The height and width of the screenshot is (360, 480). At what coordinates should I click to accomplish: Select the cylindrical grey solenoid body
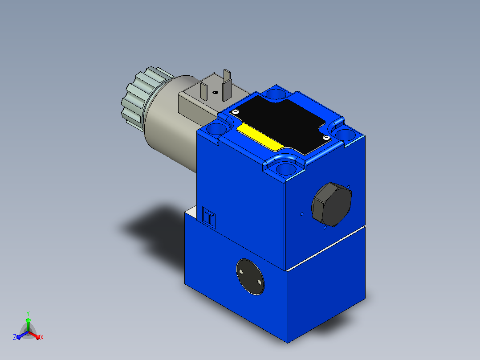coord(171,123)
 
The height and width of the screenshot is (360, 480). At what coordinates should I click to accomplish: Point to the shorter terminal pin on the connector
coord(204,91)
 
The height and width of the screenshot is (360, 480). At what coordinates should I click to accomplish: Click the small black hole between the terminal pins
coord(216,92)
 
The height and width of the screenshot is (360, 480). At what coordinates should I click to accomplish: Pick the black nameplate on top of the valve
coord(281,123)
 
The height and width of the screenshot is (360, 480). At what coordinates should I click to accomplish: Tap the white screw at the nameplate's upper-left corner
coord(235,112)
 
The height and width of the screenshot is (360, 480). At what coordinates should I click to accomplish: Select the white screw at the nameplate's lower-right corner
coord(326,138)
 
